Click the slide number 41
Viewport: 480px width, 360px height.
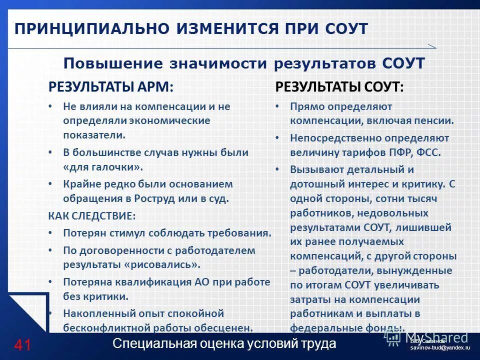[x=22, y=344]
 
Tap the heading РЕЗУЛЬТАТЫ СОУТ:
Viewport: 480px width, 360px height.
[x=339, y=86]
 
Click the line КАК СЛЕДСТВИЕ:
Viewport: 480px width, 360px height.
[x=91, y=216]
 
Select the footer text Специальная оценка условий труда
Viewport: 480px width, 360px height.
[x=224, y=344]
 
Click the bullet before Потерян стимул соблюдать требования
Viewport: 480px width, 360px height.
[x=50, y=233]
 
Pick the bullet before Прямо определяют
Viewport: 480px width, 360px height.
[x=277, y=106]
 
